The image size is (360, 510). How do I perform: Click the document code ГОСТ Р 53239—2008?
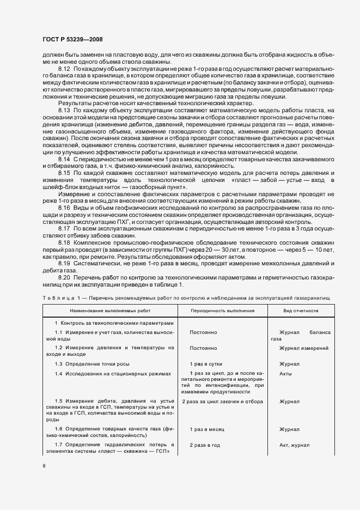tap(72, 39)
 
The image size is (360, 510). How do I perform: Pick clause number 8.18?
tap(64, 242)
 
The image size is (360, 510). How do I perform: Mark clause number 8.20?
tap(64, 277)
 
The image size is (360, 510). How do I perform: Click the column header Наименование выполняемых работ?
tap(109, 309)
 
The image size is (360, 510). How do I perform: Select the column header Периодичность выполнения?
tap(222, 309)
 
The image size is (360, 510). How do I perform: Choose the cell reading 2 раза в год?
tap(205, 445)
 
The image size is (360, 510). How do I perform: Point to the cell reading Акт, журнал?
tap(295, 445)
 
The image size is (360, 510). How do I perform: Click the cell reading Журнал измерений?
tap(303, 348)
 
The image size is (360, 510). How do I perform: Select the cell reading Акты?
tap(286, 374)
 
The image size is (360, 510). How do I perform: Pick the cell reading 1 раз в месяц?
tap(206, 429)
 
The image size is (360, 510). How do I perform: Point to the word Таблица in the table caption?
tap(60, 297)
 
